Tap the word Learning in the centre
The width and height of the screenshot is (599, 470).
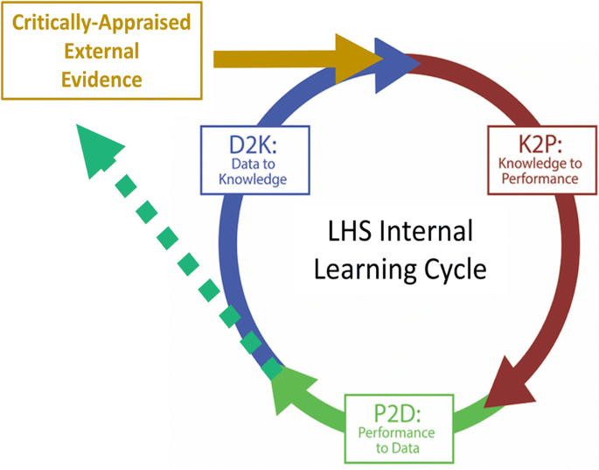pyautogui.click(x=358, y=268)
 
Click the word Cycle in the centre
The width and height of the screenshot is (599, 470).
pyautogui.click(x=453, y=268)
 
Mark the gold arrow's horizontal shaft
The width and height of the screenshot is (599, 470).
pyautogui.click(x=271, y=58)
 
